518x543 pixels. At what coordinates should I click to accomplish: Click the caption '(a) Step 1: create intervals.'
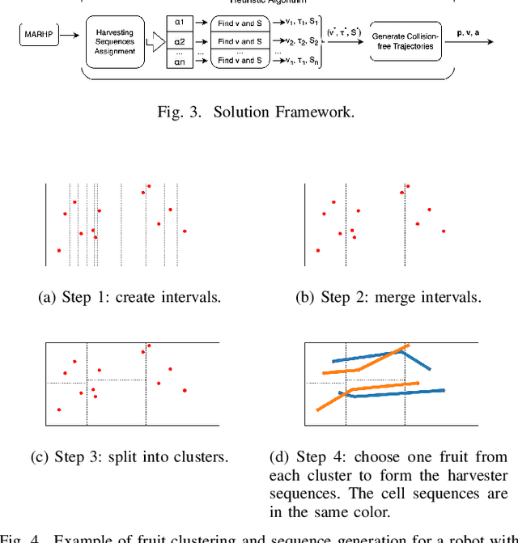click(x=129, y=297)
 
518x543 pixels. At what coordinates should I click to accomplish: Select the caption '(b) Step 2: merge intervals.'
click(x=388, y=297)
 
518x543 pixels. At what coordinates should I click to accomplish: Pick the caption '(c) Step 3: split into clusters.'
click(x=129, y=456)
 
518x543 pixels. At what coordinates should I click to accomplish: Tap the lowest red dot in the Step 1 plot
click(x=58, y=251)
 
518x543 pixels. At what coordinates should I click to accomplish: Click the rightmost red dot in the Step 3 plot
click(x=185, y=391)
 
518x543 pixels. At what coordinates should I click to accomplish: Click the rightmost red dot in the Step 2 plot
click(x=444, y=231)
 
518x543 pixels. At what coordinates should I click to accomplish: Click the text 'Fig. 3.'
click(x=178, y=112)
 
